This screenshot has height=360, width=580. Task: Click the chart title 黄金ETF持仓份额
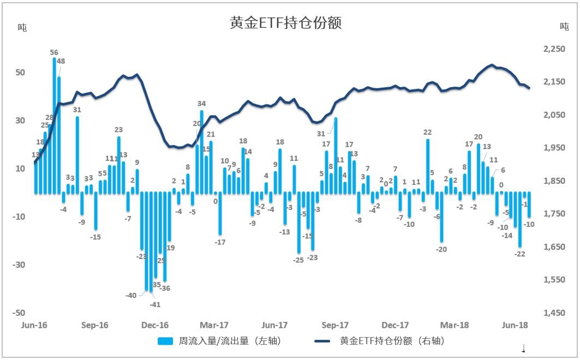(286, 23)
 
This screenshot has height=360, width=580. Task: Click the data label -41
(155, 304)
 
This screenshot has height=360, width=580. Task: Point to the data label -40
(131, 295)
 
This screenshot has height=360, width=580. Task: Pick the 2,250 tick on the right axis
(554, 49)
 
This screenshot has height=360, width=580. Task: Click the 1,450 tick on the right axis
(554, 313)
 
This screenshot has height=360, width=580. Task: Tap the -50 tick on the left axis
(19, 313)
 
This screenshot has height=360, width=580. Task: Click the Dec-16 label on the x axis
(155, 325)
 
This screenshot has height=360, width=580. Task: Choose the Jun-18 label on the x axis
(515, 325)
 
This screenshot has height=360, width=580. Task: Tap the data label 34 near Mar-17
(201, 104)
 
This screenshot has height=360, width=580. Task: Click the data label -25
(298, 260)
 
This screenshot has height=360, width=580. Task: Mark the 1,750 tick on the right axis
(554, 214)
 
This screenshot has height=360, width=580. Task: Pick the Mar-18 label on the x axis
(455, 325)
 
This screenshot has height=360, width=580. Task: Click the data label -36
(164, 288)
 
